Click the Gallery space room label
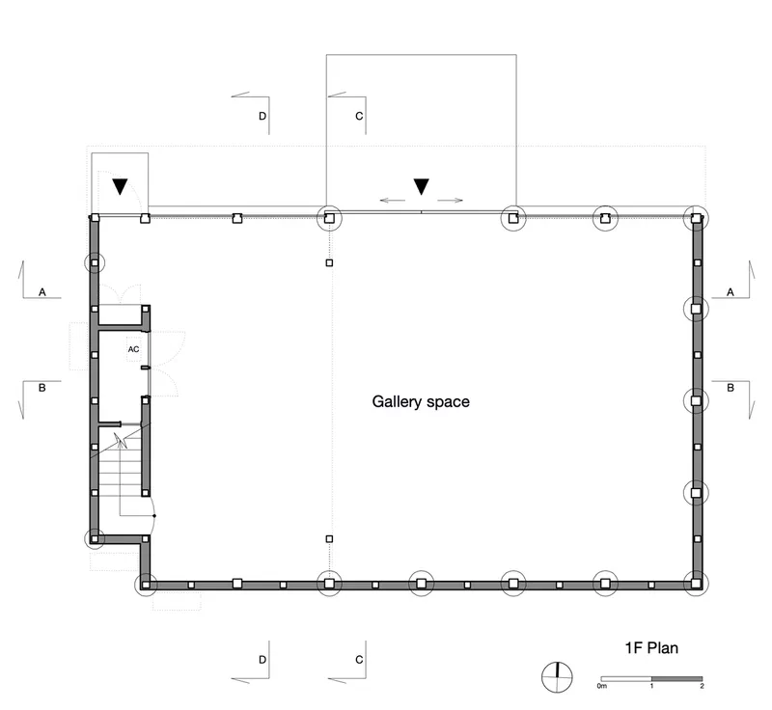point(421,402)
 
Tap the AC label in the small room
point(133,349)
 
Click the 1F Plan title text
point(651,648)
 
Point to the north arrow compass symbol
point(558,677)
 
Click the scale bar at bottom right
point(651,679)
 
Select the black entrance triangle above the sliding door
point(421,186)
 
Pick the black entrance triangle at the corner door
point(120,186)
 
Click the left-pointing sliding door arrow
point(393,201)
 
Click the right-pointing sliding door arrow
point(450,201)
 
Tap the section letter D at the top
point(262,116)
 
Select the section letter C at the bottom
point(359,660)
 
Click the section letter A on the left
point(42,292)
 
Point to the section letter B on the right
point(731,388)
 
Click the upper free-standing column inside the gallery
point(329,262)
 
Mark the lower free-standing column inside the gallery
point(329,539)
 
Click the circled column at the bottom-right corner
point(696,584)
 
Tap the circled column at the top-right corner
point(696,218)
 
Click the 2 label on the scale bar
point(703,686)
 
